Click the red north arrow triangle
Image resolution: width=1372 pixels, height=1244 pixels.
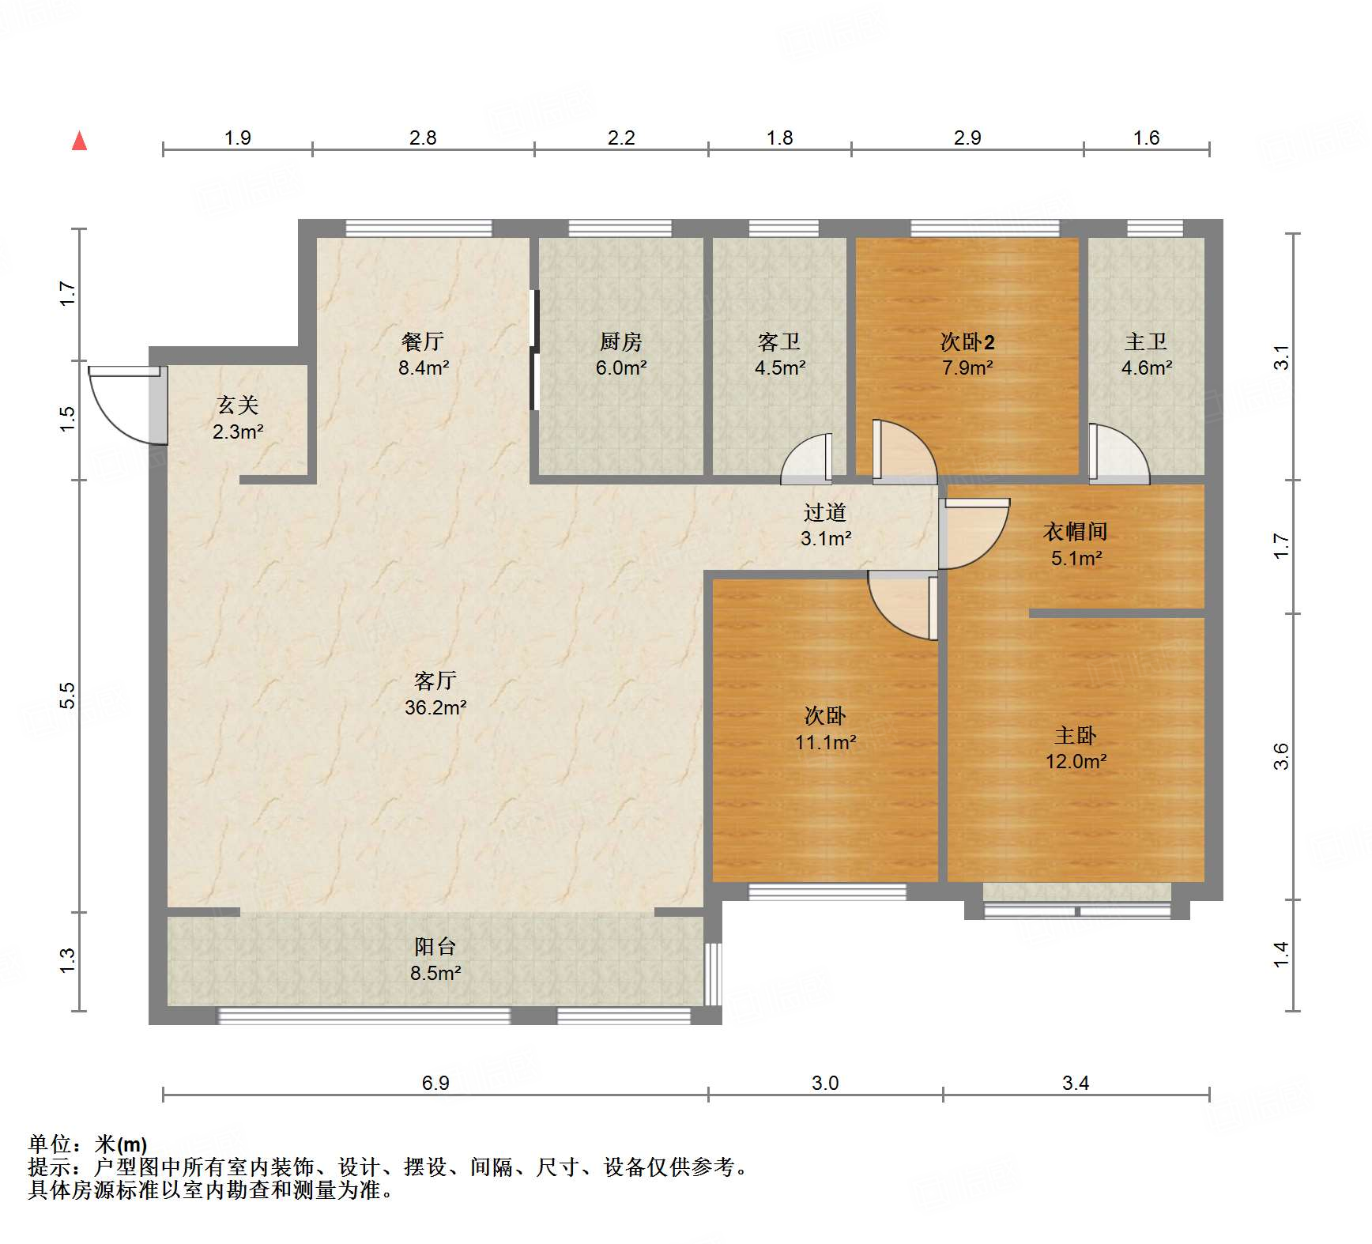[x=79, y=141]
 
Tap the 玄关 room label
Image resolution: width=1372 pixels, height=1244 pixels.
[x=238, y=405]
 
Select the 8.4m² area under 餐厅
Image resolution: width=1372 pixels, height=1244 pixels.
[x=424, y=368]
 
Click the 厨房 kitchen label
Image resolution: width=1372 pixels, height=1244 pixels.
[x=620, y=341]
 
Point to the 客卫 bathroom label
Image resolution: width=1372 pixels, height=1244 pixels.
[x=779, y=341]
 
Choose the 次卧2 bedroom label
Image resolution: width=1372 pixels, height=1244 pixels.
[x=967, y=341]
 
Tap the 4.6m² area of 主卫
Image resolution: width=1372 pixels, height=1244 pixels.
[x=1146, y=368]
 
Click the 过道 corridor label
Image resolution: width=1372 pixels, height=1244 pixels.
[x=825, y=512]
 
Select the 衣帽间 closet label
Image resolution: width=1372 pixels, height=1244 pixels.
[x=1075, y=532]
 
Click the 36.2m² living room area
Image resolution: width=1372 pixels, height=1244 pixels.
[x=435, y=707]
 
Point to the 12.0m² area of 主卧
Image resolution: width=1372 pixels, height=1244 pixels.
[x=1076, y=761]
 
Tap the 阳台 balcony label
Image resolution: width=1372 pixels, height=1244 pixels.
[x=435, y=946]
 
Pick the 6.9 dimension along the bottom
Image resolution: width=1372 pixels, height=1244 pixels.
[x=435, y=1083]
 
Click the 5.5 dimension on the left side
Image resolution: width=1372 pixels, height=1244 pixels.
[x=68, y=696]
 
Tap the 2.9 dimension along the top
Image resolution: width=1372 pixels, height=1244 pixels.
[x=967, y=138]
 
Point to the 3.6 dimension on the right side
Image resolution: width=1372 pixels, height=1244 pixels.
[x=1281, y=756]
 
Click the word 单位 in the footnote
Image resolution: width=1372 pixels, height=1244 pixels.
[x=49, y=1144]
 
